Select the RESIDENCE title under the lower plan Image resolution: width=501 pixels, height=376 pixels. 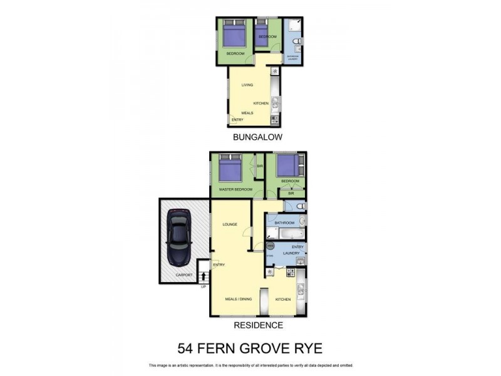click(258, 325)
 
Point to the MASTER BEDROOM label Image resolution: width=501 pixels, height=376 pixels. click(235, 189)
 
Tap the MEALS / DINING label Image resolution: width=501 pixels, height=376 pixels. click(238, 299)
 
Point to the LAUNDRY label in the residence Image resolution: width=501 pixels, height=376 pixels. click(292, 253)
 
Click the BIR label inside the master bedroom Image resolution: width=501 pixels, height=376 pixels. click(259, 167)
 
